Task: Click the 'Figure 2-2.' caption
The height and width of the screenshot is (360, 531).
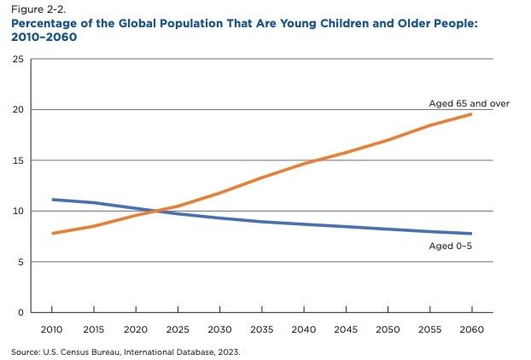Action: (x=38, y=9)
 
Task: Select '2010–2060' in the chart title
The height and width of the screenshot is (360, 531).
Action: (x=44, y=37)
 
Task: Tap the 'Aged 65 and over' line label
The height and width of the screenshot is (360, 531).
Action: (x=469, y=103)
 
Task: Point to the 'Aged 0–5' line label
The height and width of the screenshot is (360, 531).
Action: (x=451, y=246)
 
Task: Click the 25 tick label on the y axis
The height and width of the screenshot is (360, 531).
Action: (x=18, y=59)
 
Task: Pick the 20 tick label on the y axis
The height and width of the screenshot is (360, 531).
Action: (x=18, y=110)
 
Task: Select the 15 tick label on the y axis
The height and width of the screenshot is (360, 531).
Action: (x=18, y=160)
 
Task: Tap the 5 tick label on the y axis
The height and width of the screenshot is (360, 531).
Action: (x=20, y=262)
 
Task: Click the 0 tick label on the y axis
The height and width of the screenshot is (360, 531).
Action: (x=20, y=312)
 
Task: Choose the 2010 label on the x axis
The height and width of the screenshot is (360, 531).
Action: (x=51, y=329)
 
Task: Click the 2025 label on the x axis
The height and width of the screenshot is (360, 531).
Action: (x=178, y=329)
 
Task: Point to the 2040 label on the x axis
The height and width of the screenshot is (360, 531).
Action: (x=304, y=329)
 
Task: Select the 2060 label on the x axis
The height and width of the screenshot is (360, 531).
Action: (x=472, y=329)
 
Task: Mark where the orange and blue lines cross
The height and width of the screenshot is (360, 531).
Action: (x=155, y=212)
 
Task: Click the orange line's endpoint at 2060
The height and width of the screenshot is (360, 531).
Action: (x=471, y=114)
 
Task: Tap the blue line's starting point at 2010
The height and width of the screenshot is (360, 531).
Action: (x=52, y=200)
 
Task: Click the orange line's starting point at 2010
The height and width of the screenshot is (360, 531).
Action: (x=52, y=233)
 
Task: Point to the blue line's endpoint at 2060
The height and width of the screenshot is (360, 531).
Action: (x=471, y=234)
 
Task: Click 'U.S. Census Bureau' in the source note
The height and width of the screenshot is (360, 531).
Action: (x=82, y=352)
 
